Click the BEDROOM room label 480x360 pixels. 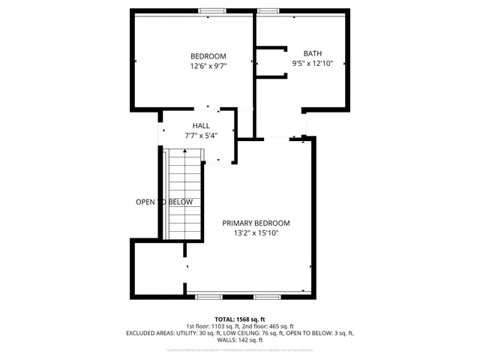pyautogui.click(x=208, y=56)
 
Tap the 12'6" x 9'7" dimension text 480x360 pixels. pyautogui.click(x=208, y=66)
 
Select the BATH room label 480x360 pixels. pyautogui.click(x=312, y=53)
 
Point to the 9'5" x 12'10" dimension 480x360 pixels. pyautogui.click(x=312, y=64)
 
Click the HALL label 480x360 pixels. pyautogui.click(x=201, y=126)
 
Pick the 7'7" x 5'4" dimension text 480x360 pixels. pyautogui.click(x=201, y=136)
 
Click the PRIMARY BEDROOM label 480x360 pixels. pyautogui.click(x=256, y=223)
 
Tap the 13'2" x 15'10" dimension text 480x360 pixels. pyautogui.click(x=256, y=233)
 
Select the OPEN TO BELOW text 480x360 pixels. pyautogui.click(x=163, y=202)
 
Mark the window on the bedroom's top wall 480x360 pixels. pyautogui.click(x=211, y=10)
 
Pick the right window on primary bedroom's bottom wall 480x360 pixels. pyautogui.click(x=266, y=297)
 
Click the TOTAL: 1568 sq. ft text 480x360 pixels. pyautogui.click(x=240, y=319)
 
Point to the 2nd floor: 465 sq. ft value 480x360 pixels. pyautogui.click(x=267, y=325)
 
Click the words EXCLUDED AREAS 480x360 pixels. pyautogui.click(x=149, y=332)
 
